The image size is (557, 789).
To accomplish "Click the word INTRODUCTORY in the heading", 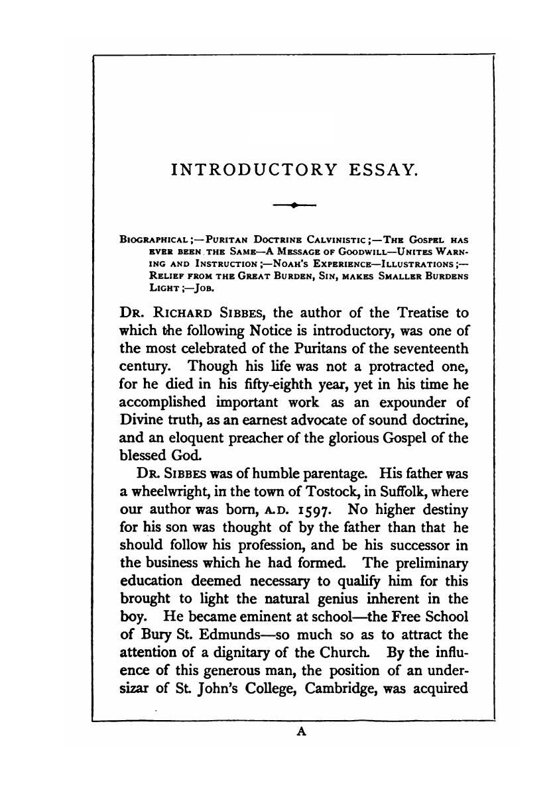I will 253,172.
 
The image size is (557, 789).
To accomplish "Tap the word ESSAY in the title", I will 383,172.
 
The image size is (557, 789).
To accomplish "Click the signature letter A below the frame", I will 296,729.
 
